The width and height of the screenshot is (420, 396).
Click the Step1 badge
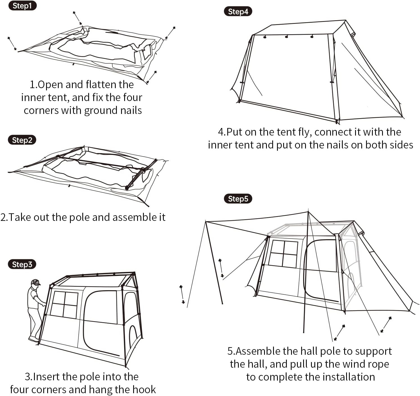pos(22,6)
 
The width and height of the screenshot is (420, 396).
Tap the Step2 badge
pos(22,140)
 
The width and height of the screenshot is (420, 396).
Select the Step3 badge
pos(22,264)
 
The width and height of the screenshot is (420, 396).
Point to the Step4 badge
pos(238,12)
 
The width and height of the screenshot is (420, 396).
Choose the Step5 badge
pos(238,199)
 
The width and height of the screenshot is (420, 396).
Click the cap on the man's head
pos(35,281)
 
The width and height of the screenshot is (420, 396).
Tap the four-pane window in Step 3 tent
pos(64,305)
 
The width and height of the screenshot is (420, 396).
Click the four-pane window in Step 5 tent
pos(283,254)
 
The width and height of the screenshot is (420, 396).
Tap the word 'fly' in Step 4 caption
pos(305,132)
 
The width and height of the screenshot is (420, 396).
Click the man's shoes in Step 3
pos(33,339)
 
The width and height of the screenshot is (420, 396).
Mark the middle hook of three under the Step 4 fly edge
pos(287,36)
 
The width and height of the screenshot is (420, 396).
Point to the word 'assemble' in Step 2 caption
pos(131,217)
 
